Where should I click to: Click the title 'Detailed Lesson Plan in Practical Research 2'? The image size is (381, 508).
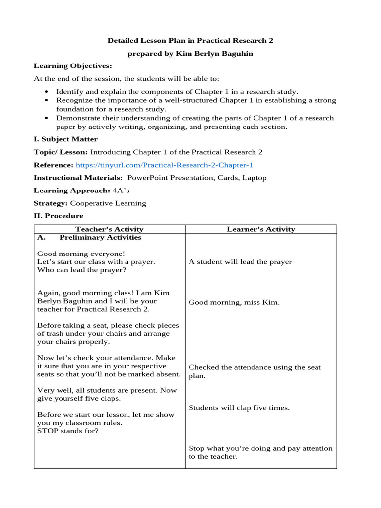[x=190, y=40]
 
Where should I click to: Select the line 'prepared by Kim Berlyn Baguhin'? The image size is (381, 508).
[x=190, y=53]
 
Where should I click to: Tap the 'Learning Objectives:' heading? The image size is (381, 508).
[x=72, y=66]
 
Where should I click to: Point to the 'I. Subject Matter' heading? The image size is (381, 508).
[x=65, y=139]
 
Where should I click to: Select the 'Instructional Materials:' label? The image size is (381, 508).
[x=78, y=178]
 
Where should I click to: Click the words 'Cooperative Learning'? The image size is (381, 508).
[x=108, y=203]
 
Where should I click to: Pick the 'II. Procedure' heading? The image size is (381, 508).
[x=59, y=216]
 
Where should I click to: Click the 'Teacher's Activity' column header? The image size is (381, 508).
[x=109, y=229]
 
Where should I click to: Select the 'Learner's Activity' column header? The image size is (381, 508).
[x=261, y=229]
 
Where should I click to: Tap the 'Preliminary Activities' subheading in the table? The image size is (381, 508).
[x=100, y=237]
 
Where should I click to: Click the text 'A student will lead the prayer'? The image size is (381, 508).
[x=240, y=262]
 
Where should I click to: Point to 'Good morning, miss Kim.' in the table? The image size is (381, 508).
[x=234, y=302]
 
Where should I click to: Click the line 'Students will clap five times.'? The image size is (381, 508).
[x=239, y=408]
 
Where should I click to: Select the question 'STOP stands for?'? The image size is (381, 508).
[x=67, y=431]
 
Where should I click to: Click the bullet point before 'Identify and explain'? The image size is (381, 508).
[x=46, y=92]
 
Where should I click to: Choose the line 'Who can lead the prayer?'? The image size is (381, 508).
[x=81, y=270]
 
